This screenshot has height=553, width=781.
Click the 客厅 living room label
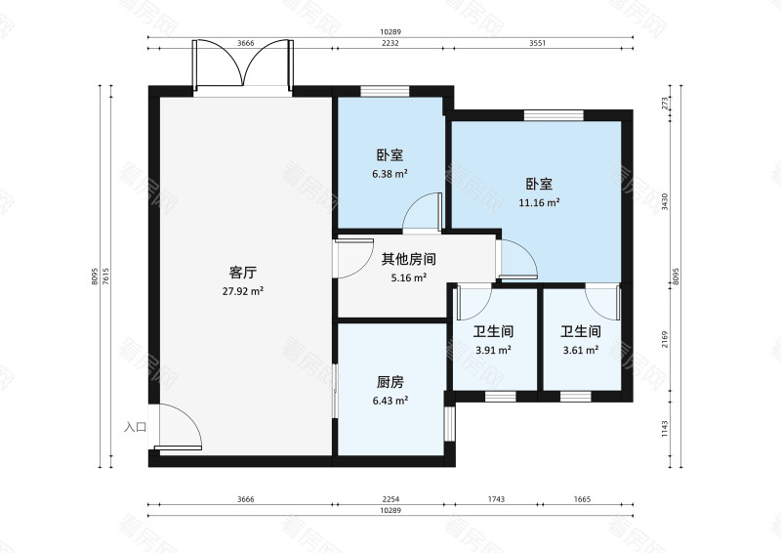click(242, 273)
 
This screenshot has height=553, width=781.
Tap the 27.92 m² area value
click(242, 291)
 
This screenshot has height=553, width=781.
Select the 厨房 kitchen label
click(390, 382)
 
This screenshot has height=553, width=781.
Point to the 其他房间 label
click(408, 260)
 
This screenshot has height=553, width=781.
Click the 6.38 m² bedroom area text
click(390, 174)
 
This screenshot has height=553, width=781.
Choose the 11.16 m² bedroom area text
click(539, 203)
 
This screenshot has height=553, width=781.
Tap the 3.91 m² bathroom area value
click(493, 350)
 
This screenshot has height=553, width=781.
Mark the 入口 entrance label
click(135, 427)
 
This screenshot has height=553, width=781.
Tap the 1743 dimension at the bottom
click(494, 499)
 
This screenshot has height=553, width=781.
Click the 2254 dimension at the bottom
click(390, 499)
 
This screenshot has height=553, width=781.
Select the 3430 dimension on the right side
click(665, 202)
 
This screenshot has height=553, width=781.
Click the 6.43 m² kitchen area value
click(390, 401)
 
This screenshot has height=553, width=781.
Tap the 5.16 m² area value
click(408, 278)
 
